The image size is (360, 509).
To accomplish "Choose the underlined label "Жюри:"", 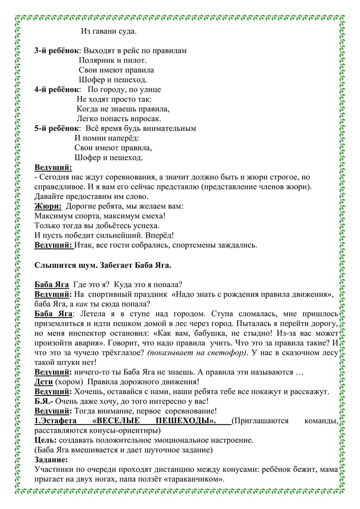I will tap(48, 206).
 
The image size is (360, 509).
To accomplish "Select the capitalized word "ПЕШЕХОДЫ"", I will tap(188, 421).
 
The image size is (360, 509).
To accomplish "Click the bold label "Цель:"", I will tap(46, 440).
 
